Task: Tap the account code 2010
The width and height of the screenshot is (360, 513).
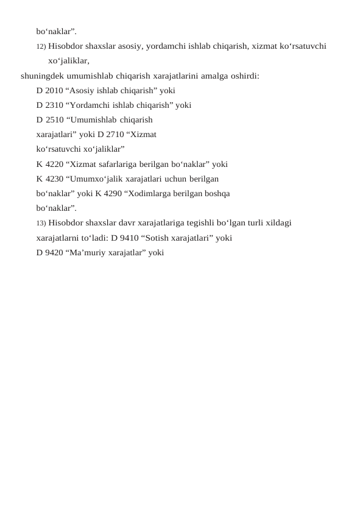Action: coord(54,90)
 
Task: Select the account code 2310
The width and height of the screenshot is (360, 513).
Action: coord(54,105)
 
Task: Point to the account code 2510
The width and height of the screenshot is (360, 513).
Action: coord(54,119)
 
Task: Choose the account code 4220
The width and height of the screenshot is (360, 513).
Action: coord(54,164)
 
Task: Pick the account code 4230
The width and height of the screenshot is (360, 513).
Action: coord(54,179)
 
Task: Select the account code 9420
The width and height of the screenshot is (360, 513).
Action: coord(54,252)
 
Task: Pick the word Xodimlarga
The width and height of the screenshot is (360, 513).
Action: coord(149,193)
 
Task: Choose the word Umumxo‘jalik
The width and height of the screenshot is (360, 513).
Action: coord(96,179)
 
